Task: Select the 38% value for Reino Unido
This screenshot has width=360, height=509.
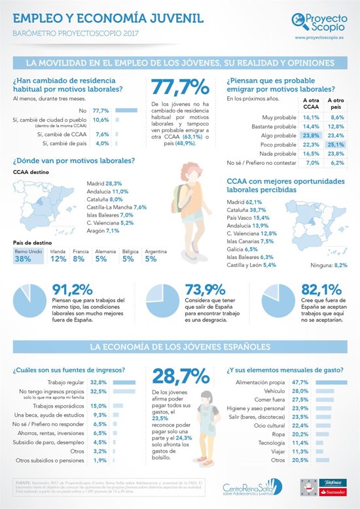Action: click(x=23, y=259)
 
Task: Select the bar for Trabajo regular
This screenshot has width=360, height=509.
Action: click(x=124, y=381)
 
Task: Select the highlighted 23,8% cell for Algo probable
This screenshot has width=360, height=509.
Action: click(x=310, y=135)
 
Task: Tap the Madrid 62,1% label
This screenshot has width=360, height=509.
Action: click(x=244, y=202)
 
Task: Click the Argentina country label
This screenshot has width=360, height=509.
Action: click(x=155, y=251)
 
